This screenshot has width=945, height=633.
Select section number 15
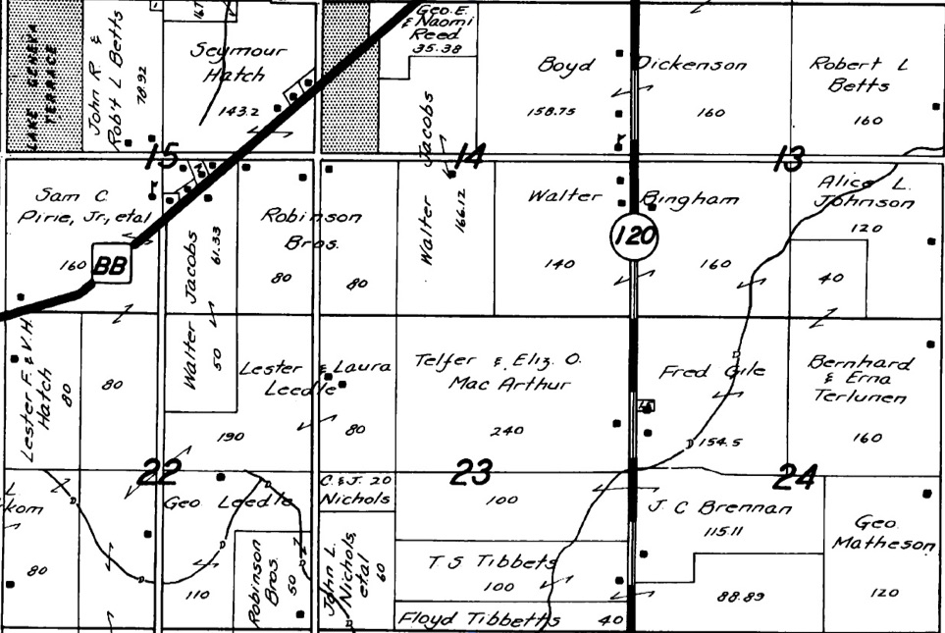coord(162,155)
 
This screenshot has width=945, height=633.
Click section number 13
coord(787,157)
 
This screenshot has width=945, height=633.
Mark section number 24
coord(795,478)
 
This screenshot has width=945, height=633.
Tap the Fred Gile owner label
coord(711,372)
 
